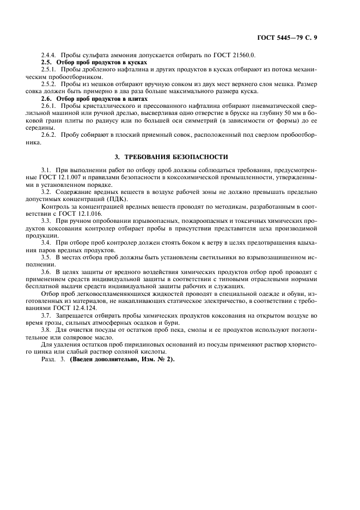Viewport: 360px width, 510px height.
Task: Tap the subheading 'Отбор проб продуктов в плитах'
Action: (x=105, y=99)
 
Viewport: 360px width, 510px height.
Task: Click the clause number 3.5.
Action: (x=46, y=256)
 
